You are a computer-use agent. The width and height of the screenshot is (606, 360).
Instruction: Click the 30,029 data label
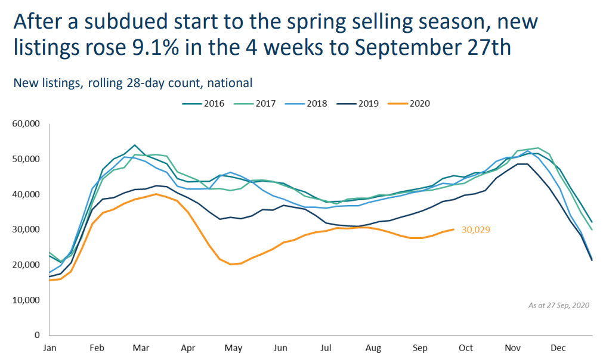click(x=475, y=229)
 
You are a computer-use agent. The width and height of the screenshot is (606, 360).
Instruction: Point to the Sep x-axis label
click(x=420, y=348)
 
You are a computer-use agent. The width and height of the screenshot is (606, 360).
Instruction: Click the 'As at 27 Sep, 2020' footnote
click(x=558, y=305)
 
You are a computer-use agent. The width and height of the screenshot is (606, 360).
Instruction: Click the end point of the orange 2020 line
click(x=455, y=229)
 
